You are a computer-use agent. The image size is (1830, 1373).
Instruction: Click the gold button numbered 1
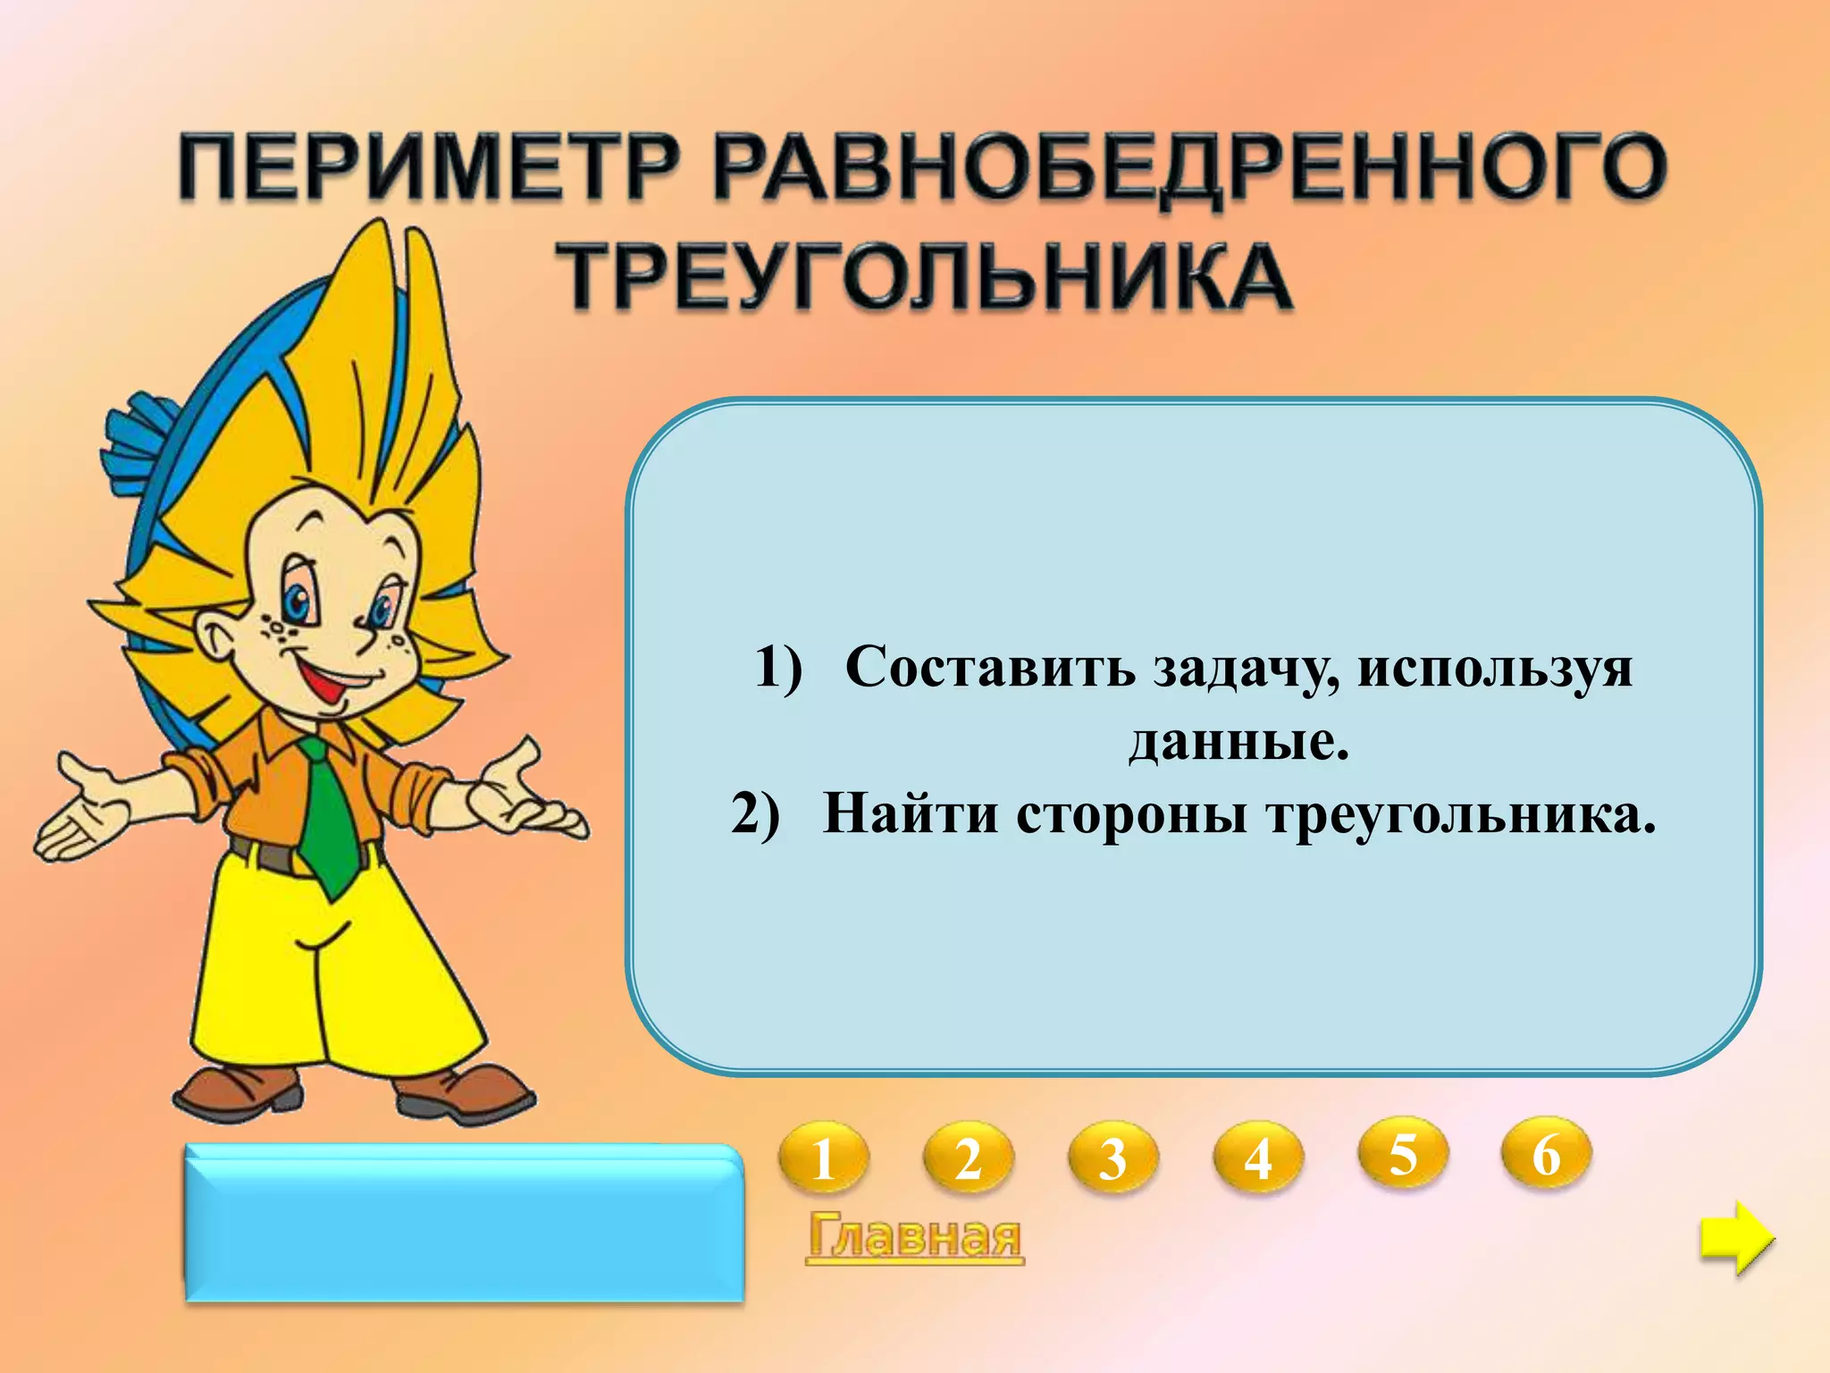click(x=823, y=1158)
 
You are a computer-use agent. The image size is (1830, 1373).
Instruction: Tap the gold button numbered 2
click(x=968, y=1158)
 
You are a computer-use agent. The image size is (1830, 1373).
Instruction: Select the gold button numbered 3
click(x=1112, y=1158)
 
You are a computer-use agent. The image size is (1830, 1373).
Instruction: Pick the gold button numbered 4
click(x=1257, y=1158)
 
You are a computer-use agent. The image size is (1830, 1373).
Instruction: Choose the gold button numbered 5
click(x=1403, y=1153)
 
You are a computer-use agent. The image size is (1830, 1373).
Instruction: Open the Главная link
click(x=914, y=1237)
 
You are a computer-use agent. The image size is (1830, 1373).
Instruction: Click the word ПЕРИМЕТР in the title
click(x=429, y=168)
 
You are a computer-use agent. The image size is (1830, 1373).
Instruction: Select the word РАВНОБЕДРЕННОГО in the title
click(x=1188, y=168)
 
